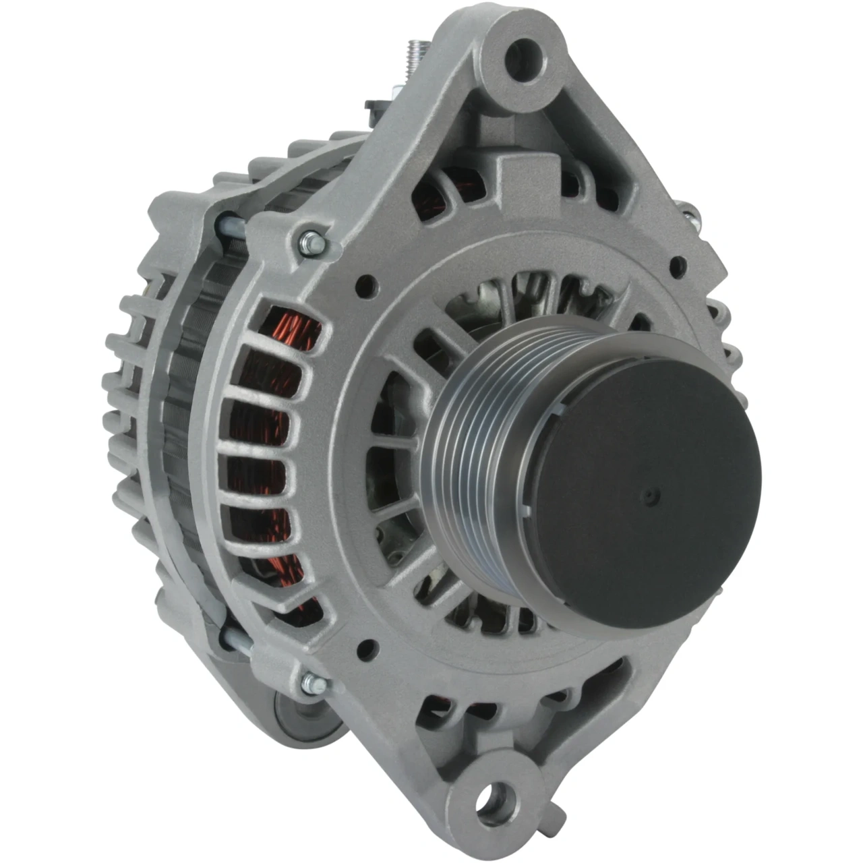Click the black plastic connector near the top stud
pyautogui.click(x=375, y=107)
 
